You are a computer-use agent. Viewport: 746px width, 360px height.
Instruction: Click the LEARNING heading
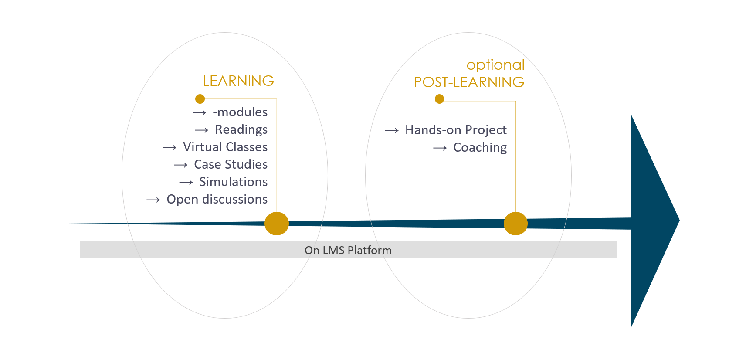(x=238, y=81)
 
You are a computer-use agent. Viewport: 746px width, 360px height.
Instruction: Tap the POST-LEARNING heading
(x=469, y=82)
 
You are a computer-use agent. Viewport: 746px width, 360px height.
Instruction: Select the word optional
(x=495, y=65)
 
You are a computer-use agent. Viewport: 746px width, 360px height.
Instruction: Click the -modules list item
(x=240, y=112)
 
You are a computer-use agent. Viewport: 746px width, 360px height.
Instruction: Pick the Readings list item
(x=241, y=130)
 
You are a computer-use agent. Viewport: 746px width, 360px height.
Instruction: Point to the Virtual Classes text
(x=225, y=147)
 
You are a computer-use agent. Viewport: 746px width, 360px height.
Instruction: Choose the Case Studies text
(x=231, y=164)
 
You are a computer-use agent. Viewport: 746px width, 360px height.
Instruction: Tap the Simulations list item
(x=234, y=182)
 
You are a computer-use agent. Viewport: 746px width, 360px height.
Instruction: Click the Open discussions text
(x=217, y=200)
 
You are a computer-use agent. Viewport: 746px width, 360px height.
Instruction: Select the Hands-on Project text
(x=456, y=130)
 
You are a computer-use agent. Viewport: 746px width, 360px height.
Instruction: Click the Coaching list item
(x=480, y=147)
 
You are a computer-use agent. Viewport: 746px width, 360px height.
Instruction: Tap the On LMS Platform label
(x=348, y=250)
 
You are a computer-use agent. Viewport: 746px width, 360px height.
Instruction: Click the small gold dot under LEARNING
(x=200, y=99)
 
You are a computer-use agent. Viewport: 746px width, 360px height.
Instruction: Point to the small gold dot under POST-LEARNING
(x=439, y=99)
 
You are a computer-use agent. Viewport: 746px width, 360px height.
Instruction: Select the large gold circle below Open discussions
(x=277, y=224)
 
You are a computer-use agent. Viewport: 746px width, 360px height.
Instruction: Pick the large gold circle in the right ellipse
(x=515, y=224)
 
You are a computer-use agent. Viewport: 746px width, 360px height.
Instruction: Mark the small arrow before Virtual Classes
(x=170, y=147)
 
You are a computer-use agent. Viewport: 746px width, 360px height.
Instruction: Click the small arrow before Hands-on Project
(x=392, y=131)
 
